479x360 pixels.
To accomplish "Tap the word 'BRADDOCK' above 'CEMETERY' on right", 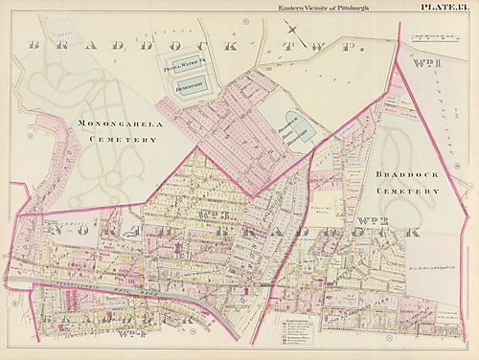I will tap(408, 176).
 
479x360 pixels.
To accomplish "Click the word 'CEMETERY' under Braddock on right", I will tap(408, 191).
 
